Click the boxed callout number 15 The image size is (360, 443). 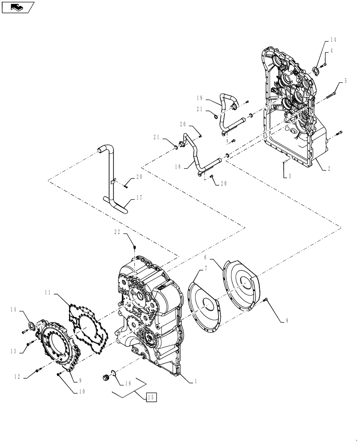pyautogui.click(x=151, y=397)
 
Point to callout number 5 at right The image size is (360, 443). pyautogui.click(x=345, y=82)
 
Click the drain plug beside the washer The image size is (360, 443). pyautogui.click(x=106, y=377)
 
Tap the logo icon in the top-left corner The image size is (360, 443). pyautogui.click(x=18, y=7)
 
